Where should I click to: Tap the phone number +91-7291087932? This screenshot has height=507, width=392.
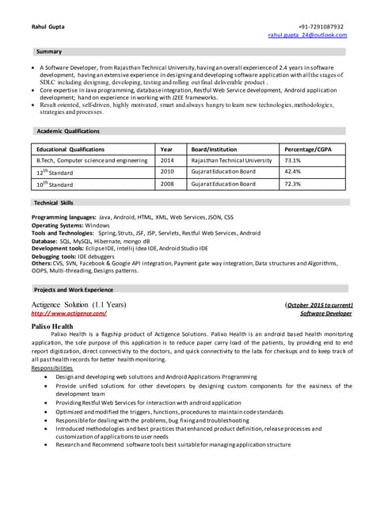[321, 26]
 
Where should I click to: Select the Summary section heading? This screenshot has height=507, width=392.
[48, 51]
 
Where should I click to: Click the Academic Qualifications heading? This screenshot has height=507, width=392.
[67, 130]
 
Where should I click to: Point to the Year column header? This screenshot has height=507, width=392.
[166, 149]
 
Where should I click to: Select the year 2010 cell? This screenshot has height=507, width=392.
[167, 171]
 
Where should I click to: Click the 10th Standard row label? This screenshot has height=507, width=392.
[54, 184]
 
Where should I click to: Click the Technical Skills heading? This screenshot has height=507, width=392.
[54, 203]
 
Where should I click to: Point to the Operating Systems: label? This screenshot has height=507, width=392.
[57, 225]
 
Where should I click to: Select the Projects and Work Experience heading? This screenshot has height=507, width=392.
[73, 290]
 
